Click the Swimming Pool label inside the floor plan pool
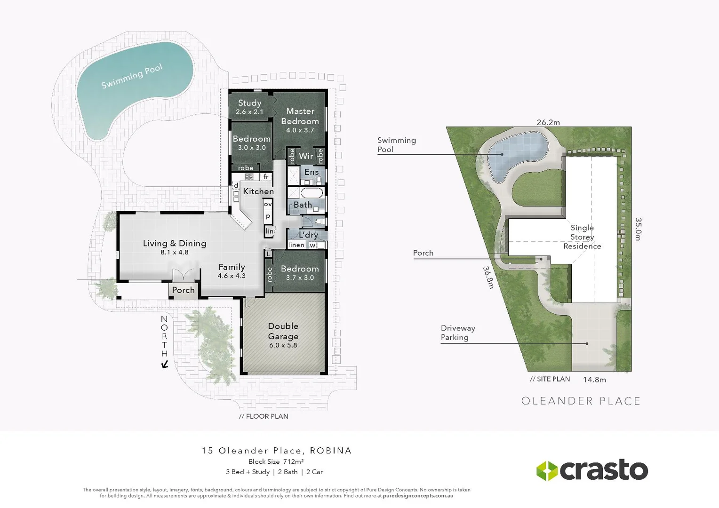(x=132, y=76)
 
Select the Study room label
(x=249, y=103)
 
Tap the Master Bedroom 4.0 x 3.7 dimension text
(x=300, y=130)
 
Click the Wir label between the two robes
(x=306, y=156)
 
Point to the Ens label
(x=311, y=172)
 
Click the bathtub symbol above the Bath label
(x=312, y=193)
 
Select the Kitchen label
(x=258, y=191)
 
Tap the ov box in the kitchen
(x=268, y=204)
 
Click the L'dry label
(x=308, y=234)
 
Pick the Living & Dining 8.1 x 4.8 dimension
(x=174, y=252)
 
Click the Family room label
(x=232, y=267)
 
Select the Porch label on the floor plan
(x=183, y=290)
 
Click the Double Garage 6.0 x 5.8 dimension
(x=283, y=345)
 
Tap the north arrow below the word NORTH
(x=165, y=364)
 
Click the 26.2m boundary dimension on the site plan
(x=548, y=122)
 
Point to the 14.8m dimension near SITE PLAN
(x=594, y=380)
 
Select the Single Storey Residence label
(x=582, y=237)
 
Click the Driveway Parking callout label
(x=457, y=333)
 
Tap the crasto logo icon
(x=547, y=470)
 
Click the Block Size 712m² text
(x=276, y=461)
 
